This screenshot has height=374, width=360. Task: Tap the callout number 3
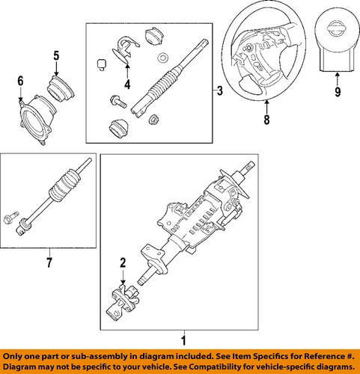219,91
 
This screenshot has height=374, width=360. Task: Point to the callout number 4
128,85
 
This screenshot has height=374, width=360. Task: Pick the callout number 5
55,55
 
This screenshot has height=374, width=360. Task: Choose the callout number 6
20,80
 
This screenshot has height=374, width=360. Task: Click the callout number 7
49,263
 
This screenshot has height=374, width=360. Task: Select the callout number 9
337,93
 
